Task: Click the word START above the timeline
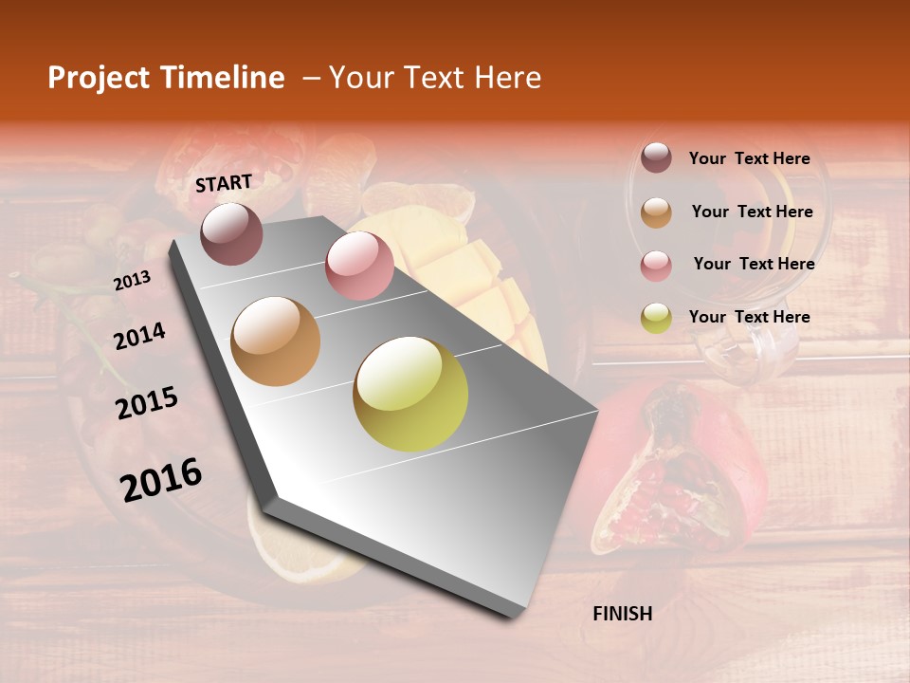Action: point(224,183)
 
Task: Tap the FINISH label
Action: point(622,614)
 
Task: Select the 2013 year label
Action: point(132,280)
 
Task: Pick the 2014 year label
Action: point(139,336)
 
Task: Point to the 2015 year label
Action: point(147,403)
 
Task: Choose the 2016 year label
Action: point(161,479)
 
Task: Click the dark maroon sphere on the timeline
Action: point(232,233)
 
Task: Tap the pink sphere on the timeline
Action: point(359,266)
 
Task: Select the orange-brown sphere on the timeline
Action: point(276,341)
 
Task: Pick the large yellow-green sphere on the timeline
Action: point(410,394)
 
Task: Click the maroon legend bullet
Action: point(656,157)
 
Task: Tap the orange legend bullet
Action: point(656,212)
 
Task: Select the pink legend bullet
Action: point(656,266)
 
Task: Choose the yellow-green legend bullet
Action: point(656,318)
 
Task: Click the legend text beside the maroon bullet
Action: point(749,158)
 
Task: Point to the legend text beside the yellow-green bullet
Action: point(749,317)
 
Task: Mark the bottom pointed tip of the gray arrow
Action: point(512,617)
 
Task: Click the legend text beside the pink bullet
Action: point(754,264)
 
